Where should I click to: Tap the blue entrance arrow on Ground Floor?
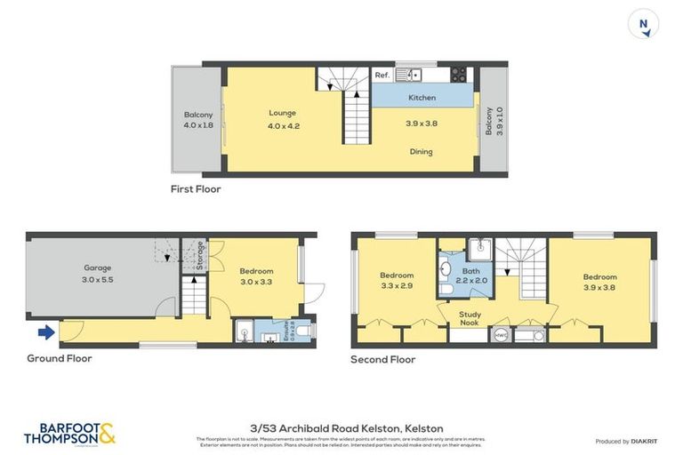45,333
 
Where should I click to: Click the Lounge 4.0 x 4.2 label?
283,118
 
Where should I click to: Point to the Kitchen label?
422,98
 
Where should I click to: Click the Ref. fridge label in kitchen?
382,76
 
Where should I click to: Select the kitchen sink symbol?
410,75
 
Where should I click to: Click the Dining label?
421,152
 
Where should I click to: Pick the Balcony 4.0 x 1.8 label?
197,120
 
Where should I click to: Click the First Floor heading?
196,189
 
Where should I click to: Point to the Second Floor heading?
382,360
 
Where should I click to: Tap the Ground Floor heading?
59,359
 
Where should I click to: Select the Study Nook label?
470,319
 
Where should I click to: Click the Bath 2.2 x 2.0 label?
470,276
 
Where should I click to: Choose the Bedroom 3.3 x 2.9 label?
396,281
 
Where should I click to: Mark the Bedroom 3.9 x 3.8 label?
599,281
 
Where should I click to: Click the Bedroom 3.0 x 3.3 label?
256,276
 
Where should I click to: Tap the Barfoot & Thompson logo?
69,434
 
